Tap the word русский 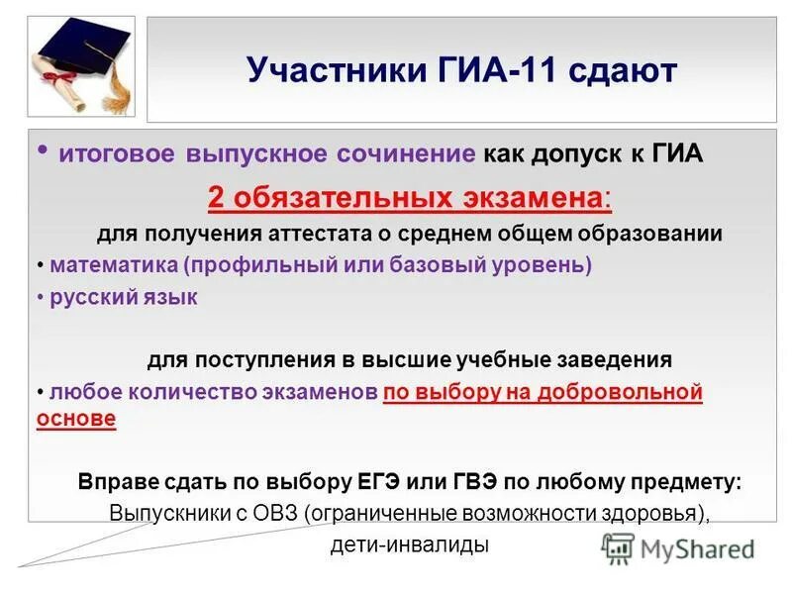pyautogui.click(x=90, y=297)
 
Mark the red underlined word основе pyautogui.click(x=76, y=419)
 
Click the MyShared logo pyautogui.click(x=679, y=547)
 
